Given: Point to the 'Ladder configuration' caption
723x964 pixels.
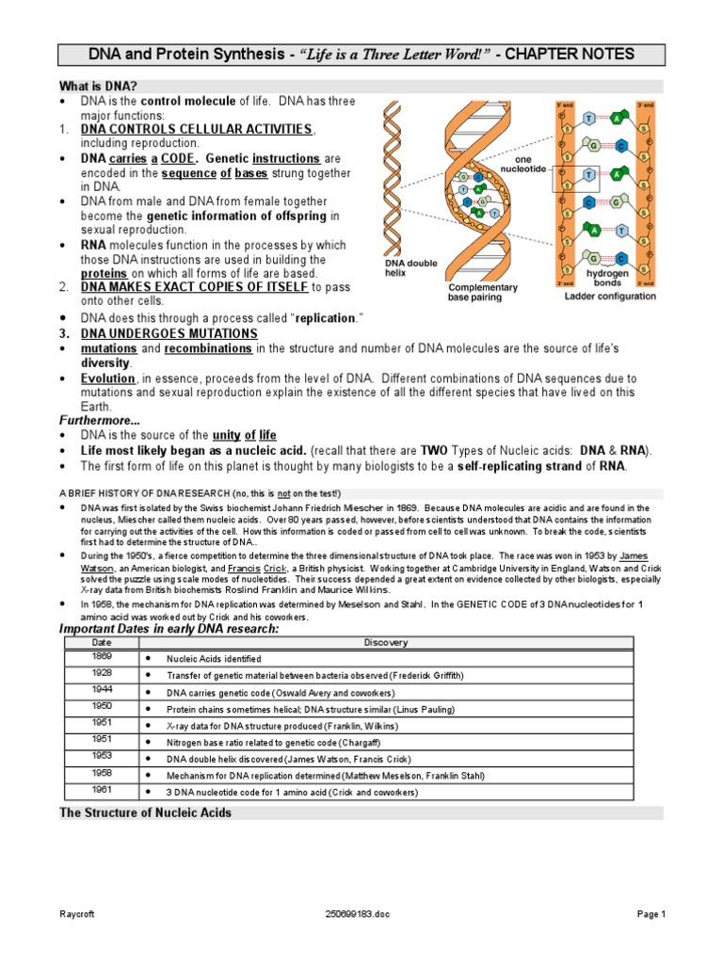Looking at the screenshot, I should [610, 297].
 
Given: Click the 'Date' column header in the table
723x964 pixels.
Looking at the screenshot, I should [101, 642].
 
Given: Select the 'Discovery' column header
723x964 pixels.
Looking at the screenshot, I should [385, 642].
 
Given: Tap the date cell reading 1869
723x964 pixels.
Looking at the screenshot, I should [101, 655].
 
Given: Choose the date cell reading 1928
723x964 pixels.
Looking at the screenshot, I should [101, 673].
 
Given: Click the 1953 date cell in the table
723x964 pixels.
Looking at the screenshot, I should [101, 756].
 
